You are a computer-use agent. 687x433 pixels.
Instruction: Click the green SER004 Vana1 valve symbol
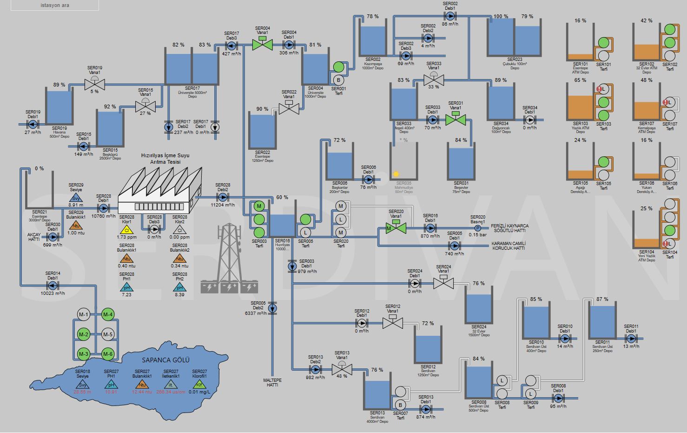tap(262, 45)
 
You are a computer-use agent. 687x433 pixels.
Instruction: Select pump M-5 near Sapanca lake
tap(108, 334)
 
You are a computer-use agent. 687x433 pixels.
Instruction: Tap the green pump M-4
tap(108, 315)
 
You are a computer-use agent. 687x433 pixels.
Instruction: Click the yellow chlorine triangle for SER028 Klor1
tap(126, 229)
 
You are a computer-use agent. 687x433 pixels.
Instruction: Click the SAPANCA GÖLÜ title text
tap(165, 360)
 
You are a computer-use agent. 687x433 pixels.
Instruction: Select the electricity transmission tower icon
tap(229, 258)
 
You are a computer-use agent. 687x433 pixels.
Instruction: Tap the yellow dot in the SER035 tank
tap(396, 174)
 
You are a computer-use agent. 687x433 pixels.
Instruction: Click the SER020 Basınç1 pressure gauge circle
tap(477, 228)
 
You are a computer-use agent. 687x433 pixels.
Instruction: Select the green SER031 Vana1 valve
tap(456, 120)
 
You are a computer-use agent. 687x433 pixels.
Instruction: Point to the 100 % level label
tap(501, 16)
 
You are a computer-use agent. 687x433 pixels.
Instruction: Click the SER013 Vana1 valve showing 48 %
tap(342, 370)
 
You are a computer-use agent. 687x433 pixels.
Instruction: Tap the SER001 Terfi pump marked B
tap(338, 80)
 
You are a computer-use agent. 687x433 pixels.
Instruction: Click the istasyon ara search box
tap(55, 5)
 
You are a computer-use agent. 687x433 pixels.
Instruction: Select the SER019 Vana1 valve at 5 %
tap(94, 84)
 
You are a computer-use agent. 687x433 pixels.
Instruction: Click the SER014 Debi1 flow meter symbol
tap(53, 286)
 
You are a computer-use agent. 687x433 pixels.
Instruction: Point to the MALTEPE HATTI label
tap(272, 383)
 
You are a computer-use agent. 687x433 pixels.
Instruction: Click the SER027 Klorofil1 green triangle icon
tap(199, 385)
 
